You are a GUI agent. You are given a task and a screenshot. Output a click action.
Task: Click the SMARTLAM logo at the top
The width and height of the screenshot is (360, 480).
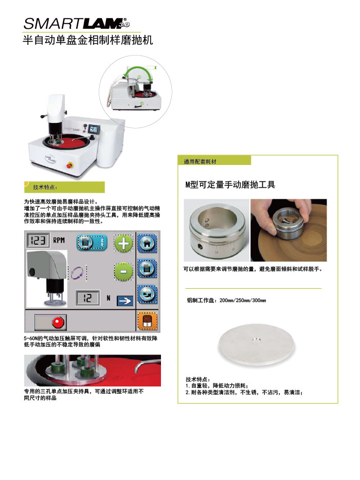(x=77, y=23)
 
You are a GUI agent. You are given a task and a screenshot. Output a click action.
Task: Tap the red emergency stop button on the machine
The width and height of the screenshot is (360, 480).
(x=70, y=165)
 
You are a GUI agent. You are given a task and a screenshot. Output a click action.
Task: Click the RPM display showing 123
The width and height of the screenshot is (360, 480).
(x=38, y=240)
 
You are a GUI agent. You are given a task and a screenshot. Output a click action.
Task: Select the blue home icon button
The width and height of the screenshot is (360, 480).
(x=147, y=244)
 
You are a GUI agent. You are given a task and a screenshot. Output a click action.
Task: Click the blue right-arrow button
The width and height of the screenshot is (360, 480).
(x=124, y=301)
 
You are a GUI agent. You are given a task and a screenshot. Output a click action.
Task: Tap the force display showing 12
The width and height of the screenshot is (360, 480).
(x=87, y=298)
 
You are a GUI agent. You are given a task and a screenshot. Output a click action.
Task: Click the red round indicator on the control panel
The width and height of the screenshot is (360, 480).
(x=58, y=323)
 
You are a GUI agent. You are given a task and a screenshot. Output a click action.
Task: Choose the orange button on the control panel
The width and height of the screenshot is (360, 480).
(x=148, y=321)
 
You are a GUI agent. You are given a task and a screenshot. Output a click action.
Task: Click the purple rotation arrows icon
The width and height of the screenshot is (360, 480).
(x=77, y=273)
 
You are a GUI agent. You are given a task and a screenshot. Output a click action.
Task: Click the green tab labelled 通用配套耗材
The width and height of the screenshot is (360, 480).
(x=214, y=160)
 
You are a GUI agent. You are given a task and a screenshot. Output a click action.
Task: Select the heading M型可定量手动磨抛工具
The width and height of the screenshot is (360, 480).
(x=230, y=184)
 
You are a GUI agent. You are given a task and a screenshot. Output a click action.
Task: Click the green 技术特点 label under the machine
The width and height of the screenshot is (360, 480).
(x=64, y=187)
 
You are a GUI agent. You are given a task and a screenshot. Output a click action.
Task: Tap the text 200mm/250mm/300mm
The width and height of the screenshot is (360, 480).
(x=243, y=300)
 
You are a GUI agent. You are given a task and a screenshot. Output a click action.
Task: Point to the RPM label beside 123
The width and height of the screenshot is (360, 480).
(x=59, y=240)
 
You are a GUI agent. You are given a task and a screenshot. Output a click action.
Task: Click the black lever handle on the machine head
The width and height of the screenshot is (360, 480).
(x=44, y=116)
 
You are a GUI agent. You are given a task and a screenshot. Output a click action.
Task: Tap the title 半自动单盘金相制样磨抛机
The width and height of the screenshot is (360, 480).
(x=88, y=40)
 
